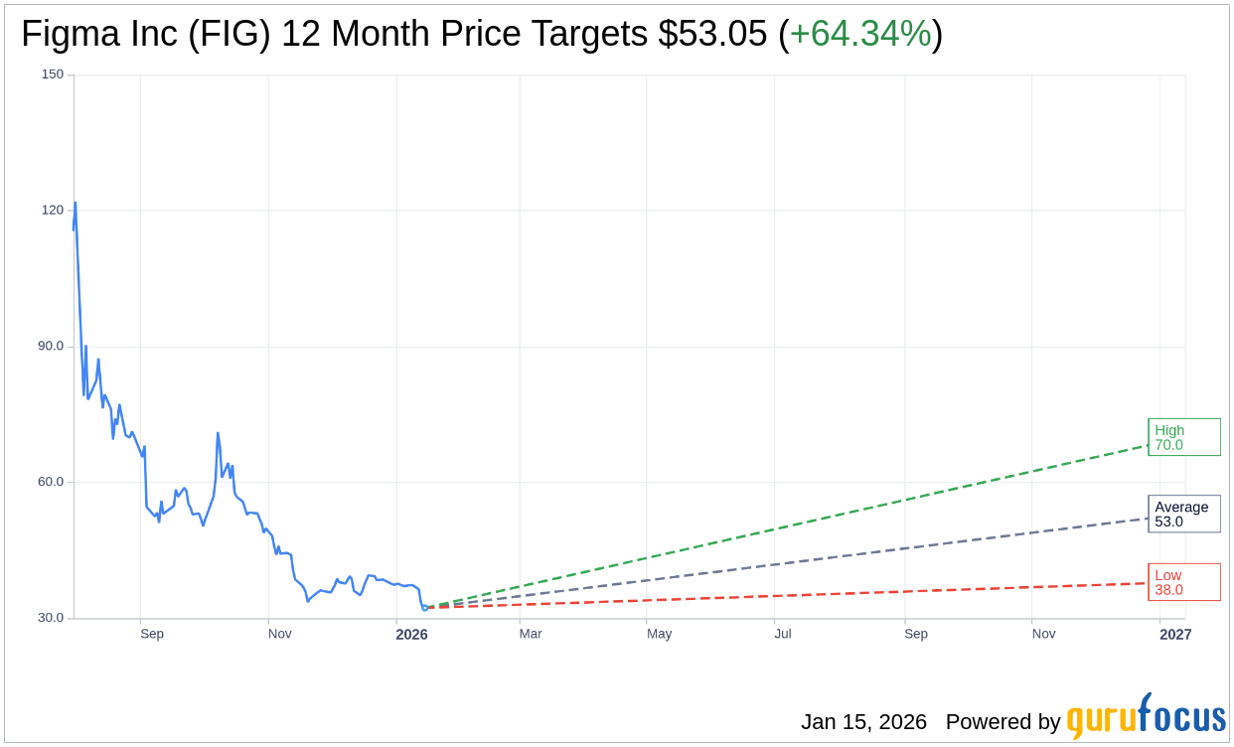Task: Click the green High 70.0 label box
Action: click(x=1183, y=437)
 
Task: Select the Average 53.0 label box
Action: click(x=1183, y=514)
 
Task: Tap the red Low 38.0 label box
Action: click(x=1183, y=582)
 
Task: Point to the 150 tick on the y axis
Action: click(x=53, y=75)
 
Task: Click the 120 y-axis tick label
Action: click(x=53, y=211)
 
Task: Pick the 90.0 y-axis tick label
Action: click(x=51, y=347)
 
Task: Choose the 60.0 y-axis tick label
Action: click(x=51, y=482)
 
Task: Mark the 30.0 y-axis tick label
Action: click(x=51, y=618)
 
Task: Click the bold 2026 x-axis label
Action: click(x=411, y=634)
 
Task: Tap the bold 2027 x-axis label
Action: click(x=1174, y=634)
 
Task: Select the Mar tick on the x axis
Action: click(x=531, y=634)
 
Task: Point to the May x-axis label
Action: click(x=660, y=634)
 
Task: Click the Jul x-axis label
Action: click(x=783, y=634)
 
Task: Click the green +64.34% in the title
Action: click(x=860, y=35)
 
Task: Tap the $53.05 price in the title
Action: click(x=712, y=35)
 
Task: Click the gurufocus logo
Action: click(x=1146, y=717)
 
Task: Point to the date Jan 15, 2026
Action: click(x=863, y=722)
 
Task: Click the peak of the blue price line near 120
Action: click(x=75, y=204)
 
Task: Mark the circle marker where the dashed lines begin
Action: click(x=425, y=607)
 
